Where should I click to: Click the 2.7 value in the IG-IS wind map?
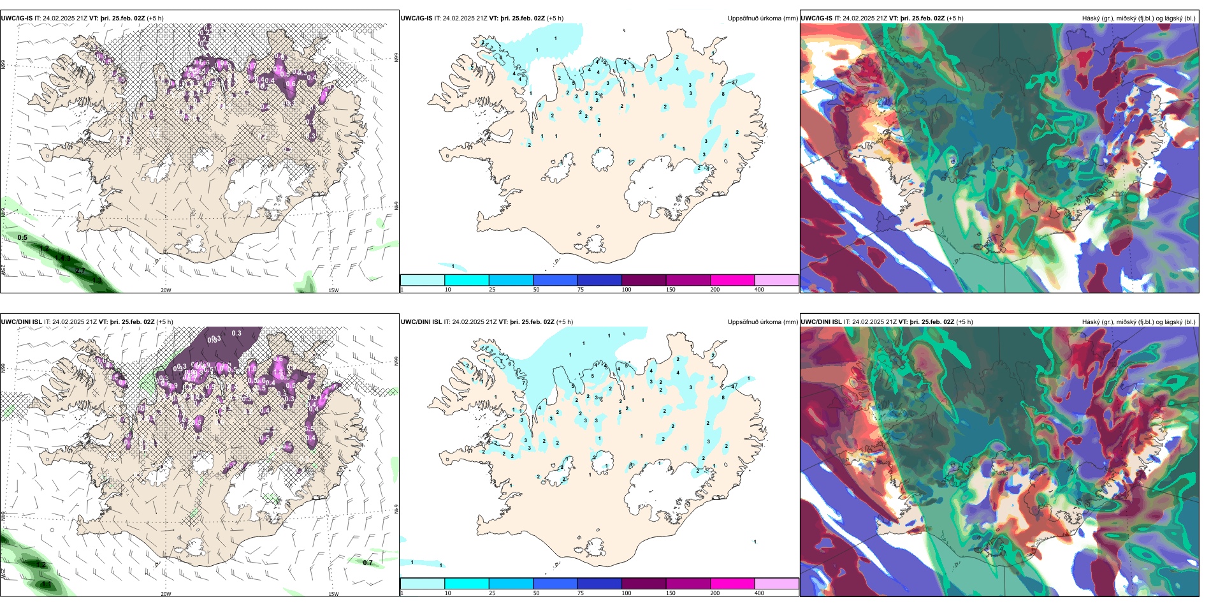(x=80, y=271)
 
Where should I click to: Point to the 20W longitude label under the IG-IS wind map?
(x=166, y=290)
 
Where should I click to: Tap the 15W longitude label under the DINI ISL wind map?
(x=333, y=594)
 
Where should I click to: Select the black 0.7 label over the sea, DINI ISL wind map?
(x=368, y=563)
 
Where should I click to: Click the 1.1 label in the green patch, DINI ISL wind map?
(x=47, y=584)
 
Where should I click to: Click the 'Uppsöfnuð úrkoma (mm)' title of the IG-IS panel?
(x=762, y=18)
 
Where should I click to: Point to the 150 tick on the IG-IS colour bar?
(x=671, y=290)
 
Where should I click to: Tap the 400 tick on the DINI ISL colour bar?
(x=759, y=593)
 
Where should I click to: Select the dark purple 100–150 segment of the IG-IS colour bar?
(x=644, y=280)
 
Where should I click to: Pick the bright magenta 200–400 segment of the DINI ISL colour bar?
(x=732, y=584)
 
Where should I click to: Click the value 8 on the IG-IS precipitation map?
(x=723, y=94)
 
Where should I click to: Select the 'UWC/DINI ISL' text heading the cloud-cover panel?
(x=821, y=322)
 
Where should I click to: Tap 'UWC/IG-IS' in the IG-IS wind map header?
(x=17, y=18)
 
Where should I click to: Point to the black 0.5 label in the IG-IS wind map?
(x=22, y=238)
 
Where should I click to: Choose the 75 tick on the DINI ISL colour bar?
(x=581, y=593)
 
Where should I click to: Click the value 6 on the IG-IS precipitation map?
(x=501, y=58)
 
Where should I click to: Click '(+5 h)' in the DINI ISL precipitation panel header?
(x=565, y=322)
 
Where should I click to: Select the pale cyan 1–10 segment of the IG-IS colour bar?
(x=423, y=280)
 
